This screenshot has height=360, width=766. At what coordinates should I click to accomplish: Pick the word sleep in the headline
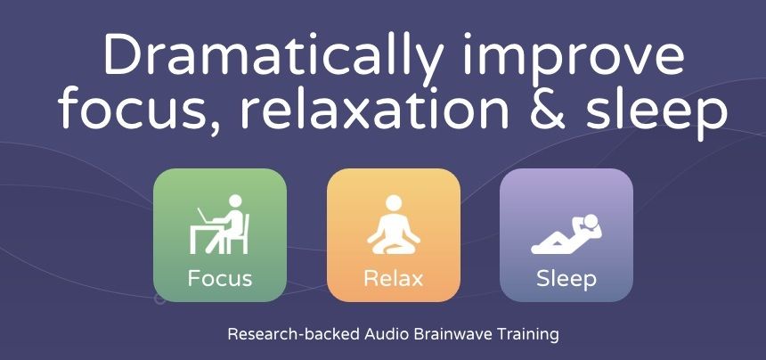point(656,111)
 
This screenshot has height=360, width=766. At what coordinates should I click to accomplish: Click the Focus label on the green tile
point(220,278)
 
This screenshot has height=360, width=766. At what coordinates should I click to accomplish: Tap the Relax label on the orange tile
point(394,278)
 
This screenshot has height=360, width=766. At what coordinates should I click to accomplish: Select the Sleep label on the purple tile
point(566,280)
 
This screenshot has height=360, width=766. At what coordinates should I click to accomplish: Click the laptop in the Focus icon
point(205,216)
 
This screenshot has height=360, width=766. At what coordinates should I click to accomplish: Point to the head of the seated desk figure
point(235,200)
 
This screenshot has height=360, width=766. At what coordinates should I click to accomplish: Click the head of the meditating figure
point(394,201)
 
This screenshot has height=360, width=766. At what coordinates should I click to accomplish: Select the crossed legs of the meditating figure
point(394,247)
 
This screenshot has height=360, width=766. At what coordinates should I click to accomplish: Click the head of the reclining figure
point(591,220)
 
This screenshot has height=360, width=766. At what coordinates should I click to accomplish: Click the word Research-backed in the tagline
point(295,334)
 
